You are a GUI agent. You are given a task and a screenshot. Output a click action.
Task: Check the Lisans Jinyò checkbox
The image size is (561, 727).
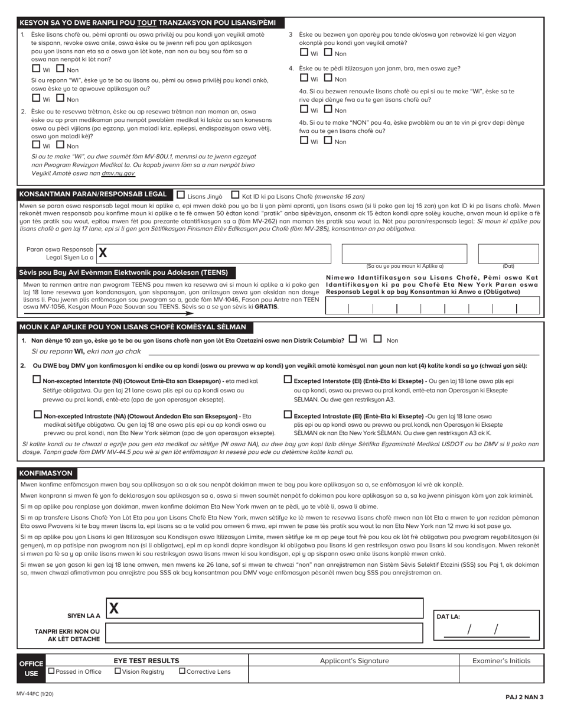tap(181, 194)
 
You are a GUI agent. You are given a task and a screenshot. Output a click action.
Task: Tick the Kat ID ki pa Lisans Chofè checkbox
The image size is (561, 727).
tap(235, 194)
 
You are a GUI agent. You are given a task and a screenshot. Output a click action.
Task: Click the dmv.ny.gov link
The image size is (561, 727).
tap(118, 173)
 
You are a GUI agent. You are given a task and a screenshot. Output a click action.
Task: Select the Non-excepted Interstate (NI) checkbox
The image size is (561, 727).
tap(37, 380)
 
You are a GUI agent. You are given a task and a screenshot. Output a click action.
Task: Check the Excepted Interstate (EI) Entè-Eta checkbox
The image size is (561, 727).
tap(288, 380)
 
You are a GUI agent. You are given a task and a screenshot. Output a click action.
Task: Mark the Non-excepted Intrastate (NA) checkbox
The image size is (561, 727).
tap(38, 415)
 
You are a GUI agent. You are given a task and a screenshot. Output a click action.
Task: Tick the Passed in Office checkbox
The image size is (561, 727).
tap(51, 671)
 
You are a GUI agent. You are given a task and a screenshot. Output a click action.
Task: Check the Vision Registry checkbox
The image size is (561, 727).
tap(118, 671)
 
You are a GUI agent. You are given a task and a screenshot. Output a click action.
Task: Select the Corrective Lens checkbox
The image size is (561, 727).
tap(182, 671)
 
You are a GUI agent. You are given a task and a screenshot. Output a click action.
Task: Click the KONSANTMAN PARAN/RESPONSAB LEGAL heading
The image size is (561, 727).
tap(93, 194)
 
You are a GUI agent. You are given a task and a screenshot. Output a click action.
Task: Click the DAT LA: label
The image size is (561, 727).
tap(448, 616)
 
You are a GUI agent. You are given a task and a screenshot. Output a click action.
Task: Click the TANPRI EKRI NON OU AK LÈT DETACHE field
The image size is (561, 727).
tap(264, 635)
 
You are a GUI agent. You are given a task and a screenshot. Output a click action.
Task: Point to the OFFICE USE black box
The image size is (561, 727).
tap(31, 668)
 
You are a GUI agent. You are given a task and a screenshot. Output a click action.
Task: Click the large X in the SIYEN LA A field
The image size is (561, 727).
tap(114, 608)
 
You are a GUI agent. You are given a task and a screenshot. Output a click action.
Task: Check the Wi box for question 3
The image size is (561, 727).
tap(304, 53)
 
